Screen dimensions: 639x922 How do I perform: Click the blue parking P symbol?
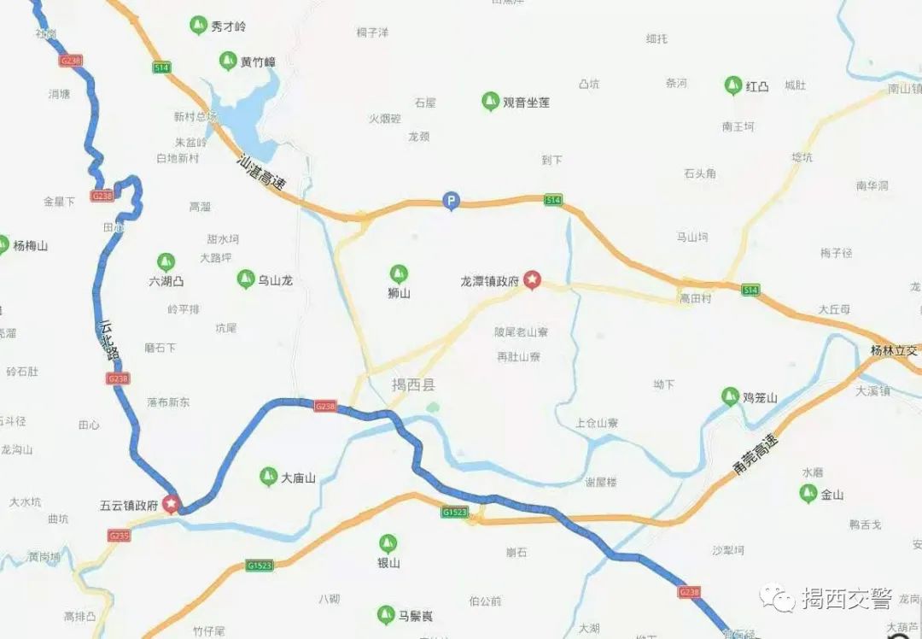click(x=450, y=202)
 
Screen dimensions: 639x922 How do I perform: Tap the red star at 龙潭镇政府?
click(x=533, y=279)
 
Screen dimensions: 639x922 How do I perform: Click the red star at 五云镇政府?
click(x=172, y=504)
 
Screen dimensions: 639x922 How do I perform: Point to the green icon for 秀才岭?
click(x=198, y=26)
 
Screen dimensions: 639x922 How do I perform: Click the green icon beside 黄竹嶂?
click(x=227, y=61)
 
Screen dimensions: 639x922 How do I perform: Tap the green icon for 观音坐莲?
click(x=490, y=102)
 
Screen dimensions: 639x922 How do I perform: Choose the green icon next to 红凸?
click(x=732, y=85)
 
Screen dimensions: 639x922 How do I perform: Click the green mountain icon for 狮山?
click(x=398, y=274)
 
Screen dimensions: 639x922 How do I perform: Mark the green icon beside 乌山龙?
click(x=245, y=278)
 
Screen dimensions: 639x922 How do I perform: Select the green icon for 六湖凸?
click(x=166, y=262)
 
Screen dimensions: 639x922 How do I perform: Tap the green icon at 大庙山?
click(x=268, y=477)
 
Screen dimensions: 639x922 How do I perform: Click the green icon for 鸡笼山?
click(x=730, y=396)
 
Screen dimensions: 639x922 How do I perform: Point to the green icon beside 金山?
click(x=808, y=493)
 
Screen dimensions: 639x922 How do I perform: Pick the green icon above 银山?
click(x=388, y=543)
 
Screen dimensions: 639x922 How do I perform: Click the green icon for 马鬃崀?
click(x=386, y=614)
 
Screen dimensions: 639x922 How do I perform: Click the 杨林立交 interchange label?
click(x=893, y=351)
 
